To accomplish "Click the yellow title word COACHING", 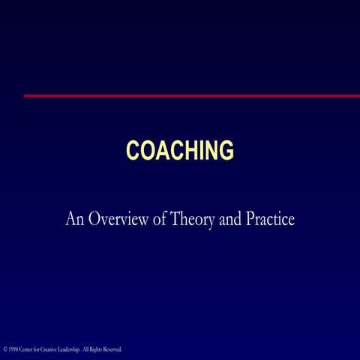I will click(180, 150).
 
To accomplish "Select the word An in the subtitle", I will click(74, 220).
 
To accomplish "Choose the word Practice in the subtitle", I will click(271, 220).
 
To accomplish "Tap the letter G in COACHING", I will click(225, 150).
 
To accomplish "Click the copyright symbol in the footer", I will click(5, 349).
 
